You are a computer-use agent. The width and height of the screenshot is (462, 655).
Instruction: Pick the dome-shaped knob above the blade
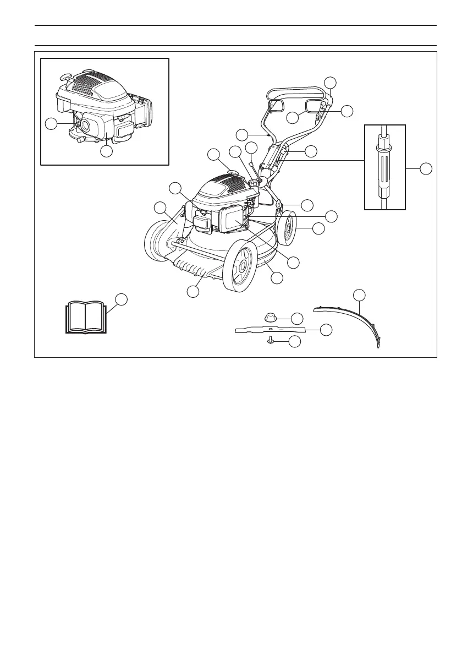click(x=271, y=317)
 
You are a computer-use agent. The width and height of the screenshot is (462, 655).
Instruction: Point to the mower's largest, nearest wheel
click(x=240, y=266)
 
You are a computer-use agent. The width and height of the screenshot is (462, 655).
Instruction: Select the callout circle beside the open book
click(x=122, y=299)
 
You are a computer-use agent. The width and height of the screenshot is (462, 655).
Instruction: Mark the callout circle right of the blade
click(x=327, y=330)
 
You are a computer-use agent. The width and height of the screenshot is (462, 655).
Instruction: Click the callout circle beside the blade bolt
click(x=295, y=342)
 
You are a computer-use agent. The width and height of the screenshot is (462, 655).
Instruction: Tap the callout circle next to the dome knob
click(x=297, y=318)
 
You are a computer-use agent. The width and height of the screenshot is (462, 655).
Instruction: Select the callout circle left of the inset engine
click(x=51, y=124)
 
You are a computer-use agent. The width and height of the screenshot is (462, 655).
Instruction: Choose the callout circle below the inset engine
click(x=108, y=150)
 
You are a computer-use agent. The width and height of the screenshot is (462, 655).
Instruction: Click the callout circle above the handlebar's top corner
click(x=330, y=82)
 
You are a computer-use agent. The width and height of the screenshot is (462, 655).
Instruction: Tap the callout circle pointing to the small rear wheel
click(x=318, y=228)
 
